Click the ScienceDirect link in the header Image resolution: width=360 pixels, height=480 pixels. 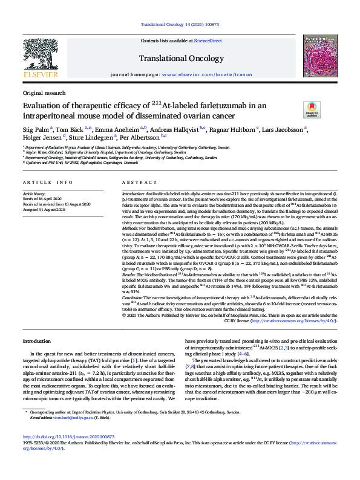tap(208, 40)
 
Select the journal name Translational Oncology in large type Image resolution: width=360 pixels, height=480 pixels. tap(179, 58)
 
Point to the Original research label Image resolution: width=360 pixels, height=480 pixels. tap(44, 93)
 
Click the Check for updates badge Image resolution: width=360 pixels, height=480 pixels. tap(312, 109)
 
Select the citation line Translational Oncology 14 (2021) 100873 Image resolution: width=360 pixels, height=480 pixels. tap(179, 24)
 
